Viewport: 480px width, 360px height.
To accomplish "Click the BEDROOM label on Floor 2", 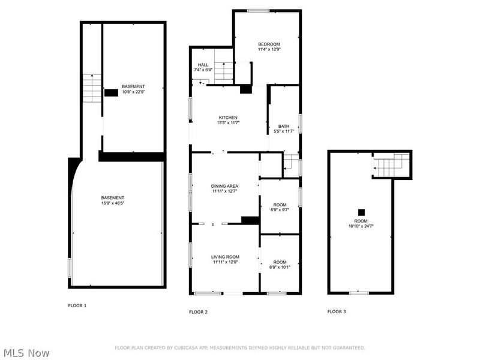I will click(269, 44).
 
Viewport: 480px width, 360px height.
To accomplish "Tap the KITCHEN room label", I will click(227, 118).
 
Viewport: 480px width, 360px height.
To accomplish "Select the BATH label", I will click(283, 126).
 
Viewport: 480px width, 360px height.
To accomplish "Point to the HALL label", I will click(203, 65).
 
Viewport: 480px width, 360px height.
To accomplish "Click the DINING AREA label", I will click(224, 187).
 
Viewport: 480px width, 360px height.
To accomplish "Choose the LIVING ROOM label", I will click(224, 257).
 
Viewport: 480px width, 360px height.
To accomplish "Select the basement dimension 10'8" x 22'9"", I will click(133, 92).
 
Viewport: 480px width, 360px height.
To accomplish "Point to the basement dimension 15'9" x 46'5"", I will click(112, 203).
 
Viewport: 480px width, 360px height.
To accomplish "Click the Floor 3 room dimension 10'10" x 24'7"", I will click(361, 226).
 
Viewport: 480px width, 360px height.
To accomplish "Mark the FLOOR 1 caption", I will click(77, 306).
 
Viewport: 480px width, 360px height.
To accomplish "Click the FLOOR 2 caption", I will click(198, 312).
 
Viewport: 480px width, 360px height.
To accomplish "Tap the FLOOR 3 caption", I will click(336, 311).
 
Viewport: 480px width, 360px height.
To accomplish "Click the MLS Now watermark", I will click(26, 353).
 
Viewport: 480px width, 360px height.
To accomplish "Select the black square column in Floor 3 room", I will click(361, 212).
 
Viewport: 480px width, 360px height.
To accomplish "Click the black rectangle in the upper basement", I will click(111, 93).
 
